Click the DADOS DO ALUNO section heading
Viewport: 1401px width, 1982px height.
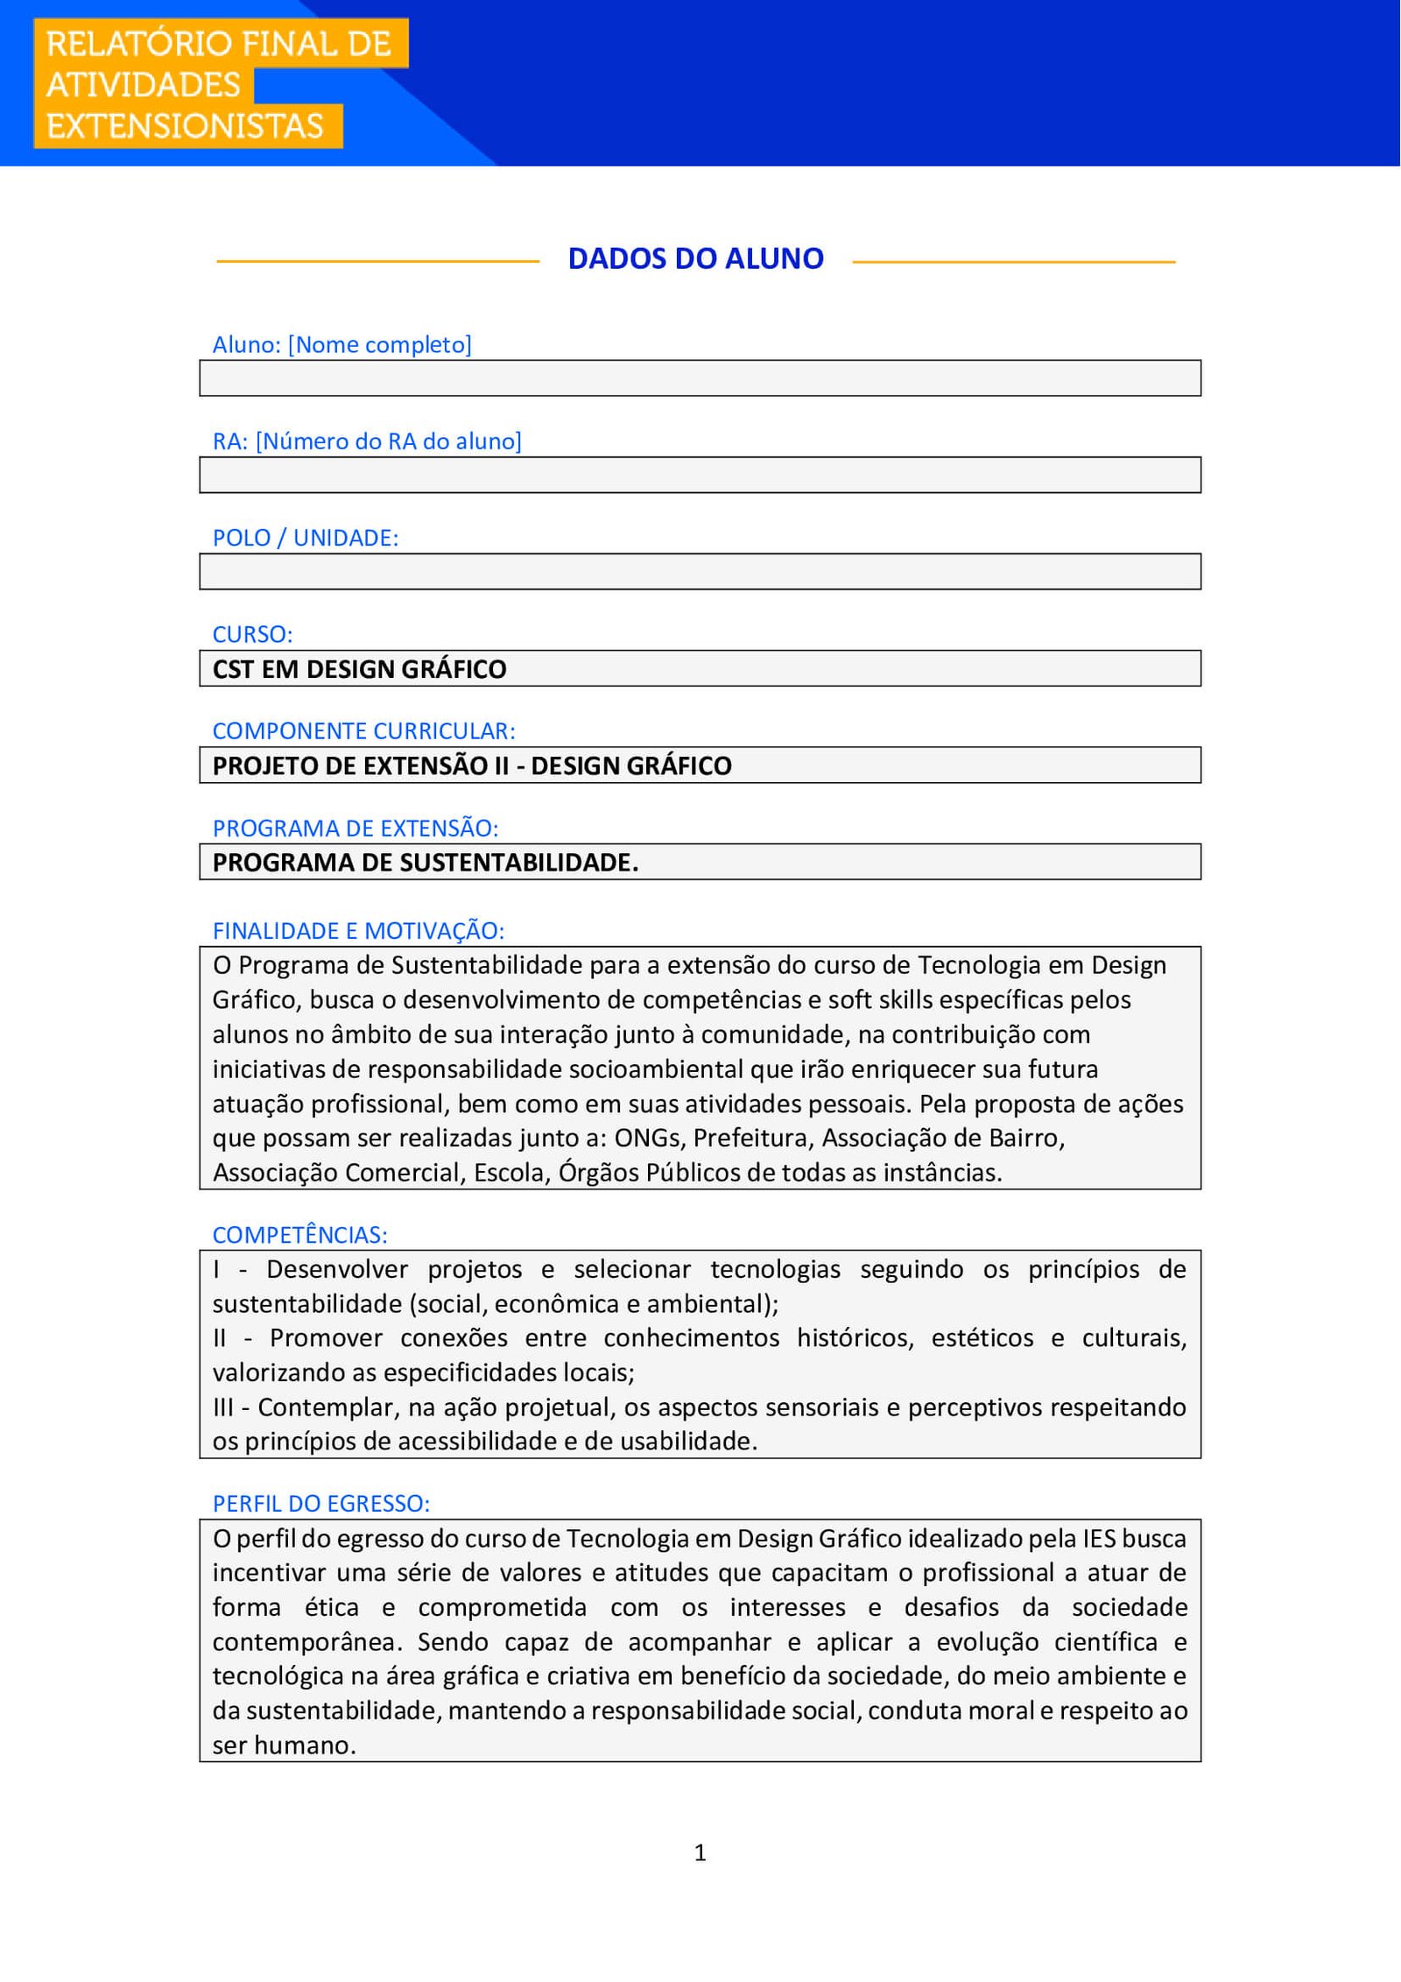pos(695,259)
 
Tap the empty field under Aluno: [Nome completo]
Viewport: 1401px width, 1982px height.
pos(700,378)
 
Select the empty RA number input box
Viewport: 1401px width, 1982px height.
pos(700,475)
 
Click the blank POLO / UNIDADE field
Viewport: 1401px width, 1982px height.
pos(700,572)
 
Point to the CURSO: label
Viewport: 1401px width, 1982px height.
pos(252,634)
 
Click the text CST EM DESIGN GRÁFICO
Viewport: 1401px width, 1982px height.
pos(359,669)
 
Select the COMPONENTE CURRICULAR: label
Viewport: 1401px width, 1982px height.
pos(363,730)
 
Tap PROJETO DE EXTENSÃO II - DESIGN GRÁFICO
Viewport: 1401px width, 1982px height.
pos(472,765)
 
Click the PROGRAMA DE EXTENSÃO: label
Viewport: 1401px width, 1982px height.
pos(355,828)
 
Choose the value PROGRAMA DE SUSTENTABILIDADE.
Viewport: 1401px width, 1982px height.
pos(426,863)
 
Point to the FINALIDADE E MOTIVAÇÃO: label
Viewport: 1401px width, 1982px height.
pos(358,930)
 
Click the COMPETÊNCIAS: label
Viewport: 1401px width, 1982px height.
pos(299,1235)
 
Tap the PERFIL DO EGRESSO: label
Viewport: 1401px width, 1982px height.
pos(320,1504)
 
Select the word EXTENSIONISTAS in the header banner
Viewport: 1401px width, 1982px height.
pos(185,126)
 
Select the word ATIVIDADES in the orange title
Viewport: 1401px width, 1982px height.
pos(144,85)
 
